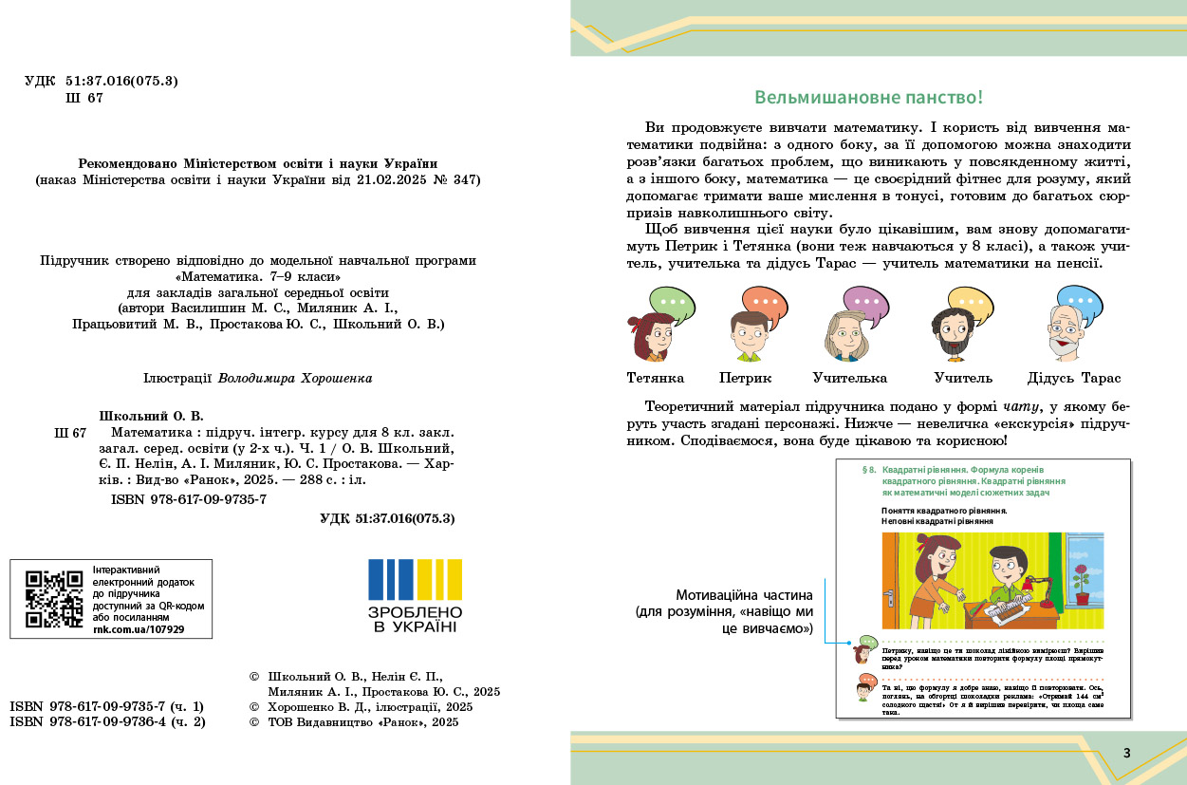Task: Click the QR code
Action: [x=54, y=599]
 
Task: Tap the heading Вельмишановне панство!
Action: [x=868, y=98]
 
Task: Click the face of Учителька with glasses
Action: [x=845, y=334]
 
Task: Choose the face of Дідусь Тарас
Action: [x=1067, y=333]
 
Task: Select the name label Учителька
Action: [x=850, y=378]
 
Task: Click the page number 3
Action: [x=1126, y=753]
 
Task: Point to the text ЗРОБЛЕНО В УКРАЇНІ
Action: [x=415, y=620]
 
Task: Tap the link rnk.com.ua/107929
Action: [x=139, y=628]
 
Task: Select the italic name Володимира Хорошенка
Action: [x=295, y=378]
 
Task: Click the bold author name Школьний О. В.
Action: [x=152, y=416]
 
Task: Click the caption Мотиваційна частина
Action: [x=745, y=595]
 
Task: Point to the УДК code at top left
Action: [x=102, y=81]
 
